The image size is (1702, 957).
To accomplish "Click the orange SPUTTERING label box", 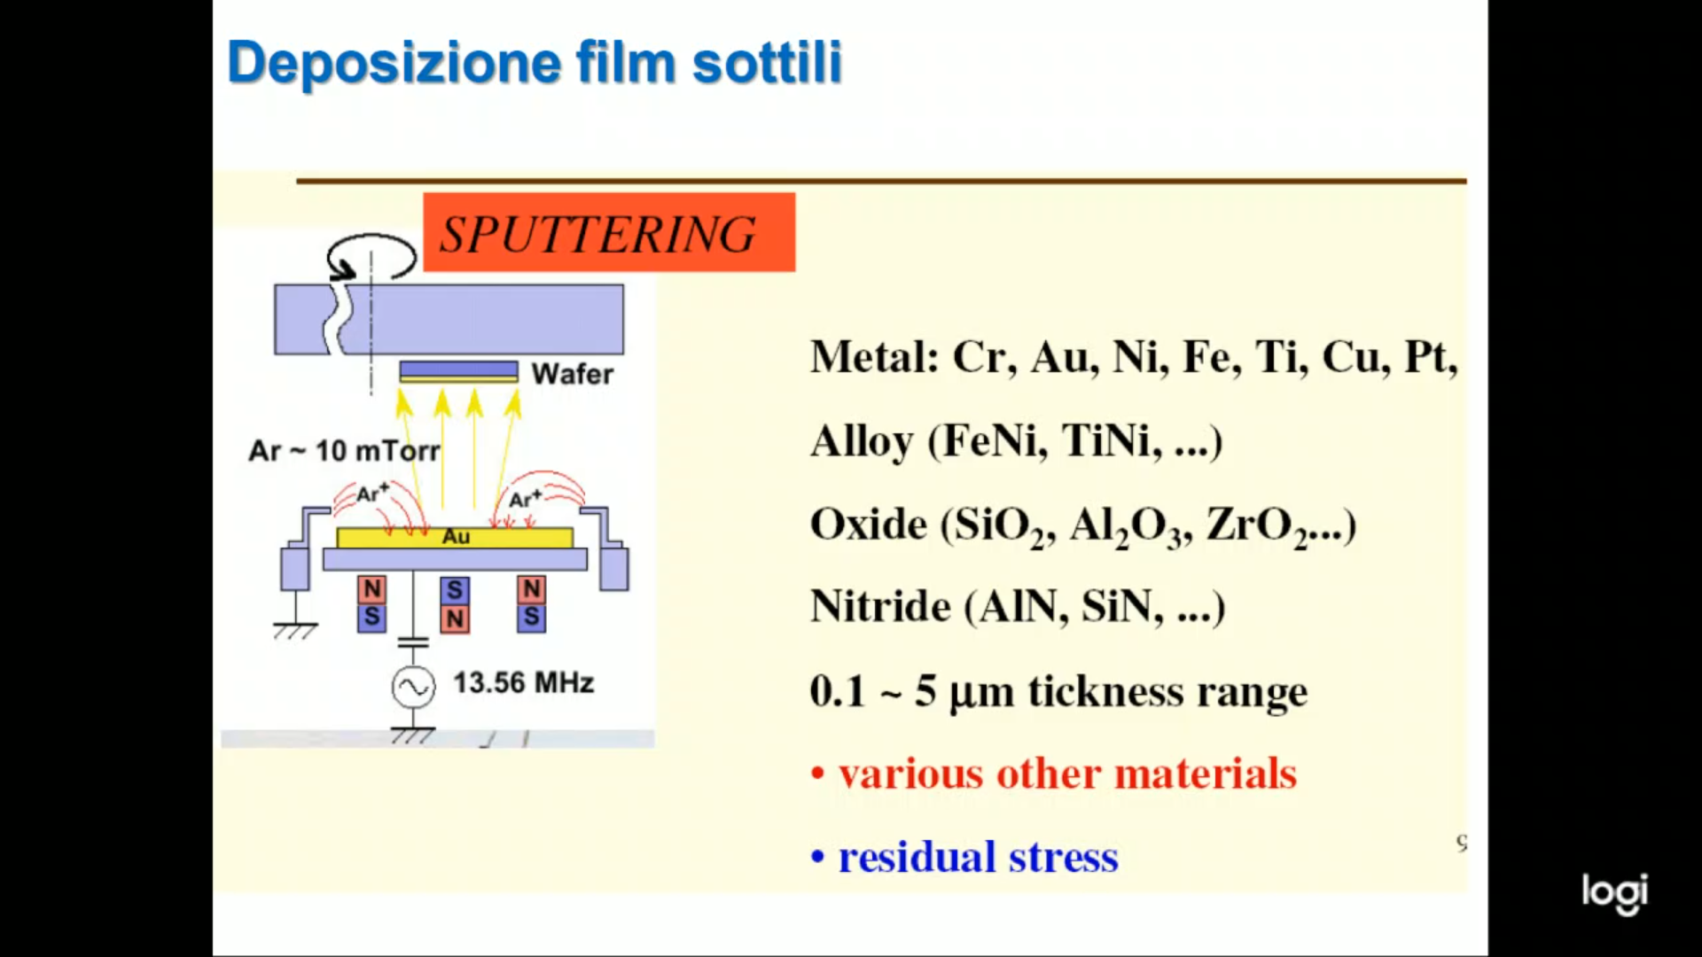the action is [609, 232].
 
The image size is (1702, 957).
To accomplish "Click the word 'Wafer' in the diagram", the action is [573, 374].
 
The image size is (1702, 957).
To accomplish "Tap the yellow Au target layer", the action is [455, 537].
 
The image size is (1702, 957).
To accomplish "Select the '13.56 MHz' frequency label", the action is [524, 683].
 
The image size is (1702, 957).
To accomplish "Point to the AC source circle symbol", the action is [414, 688].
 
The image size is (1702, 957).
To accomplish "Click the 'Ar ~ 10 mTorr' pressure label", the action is [344, 451].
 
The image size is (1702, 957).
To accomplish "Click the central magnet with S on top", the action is [455, 604].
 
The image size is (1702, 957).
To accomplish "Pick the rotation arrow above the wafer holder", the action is [371, 258].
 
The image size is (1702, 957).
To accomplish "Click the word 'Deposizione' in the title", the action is [394, 64].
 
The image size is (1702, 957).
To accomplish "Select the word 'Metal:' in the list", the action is [874, 357].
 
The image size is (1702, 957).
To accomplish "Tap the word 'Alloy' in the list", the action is [862, 442].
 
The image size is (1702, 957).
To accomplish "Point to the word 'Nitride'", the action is [880, 607].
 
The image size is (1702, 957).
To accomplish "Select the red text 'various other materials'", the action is [1067, 774].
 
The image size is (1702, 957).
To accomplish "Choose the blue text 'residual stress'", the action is [979, 857].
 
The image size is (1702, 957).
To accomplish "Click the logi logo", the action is [1615, 893].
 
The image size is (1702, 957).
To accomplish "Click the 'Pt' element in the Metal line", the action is [1431, 358].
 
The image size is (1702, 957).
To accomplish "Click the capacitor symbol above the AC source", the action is [413, 641].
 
